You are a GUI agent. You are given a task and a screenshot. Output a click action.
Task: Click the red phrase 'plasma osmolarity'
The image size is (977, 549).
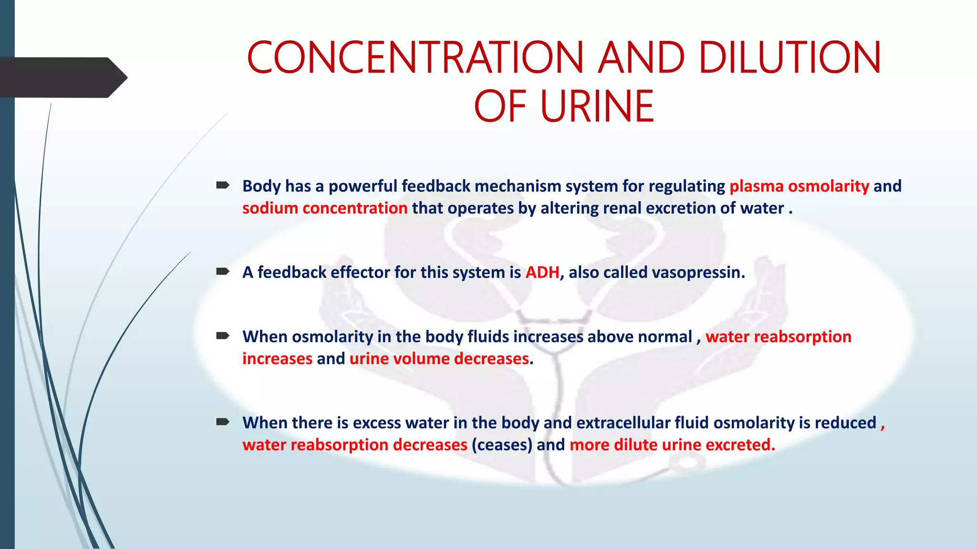tap(799, 186)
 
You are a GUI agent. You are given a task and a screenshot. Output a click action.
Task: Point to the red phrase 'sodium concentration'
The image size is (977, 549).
tap(325, 208)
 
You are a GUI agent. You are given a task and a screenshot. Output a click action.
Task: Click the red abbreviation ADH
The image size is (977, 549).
tap(542, 272)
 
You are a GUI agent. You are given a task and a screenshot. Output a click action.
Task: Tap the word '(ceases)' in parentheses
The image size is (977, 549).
tap(502, 445)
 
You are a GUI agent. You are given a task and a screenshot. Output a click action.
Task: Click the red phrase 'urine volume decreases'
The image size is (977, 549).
tap(439, 358)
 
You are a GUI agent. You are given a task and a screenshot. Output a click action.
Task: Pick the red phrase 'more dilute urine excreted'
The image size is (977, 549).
tap(672, 445)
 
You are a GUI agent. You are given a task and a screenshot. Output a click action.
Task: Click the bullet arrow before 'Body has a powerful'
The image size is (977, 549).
tap(223, 185)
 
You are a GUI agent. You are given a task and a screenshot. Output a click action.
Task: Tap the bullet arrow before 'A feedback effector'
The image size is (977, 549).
tap(223, 272)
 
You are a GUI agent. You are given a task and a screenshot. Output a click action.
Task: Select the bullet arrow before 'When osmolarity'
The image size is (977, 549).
tap(223, 336)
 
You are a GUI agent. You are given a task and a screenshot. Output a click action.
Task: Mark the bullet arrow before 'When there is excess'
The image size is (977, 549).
tap(223, 422)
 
